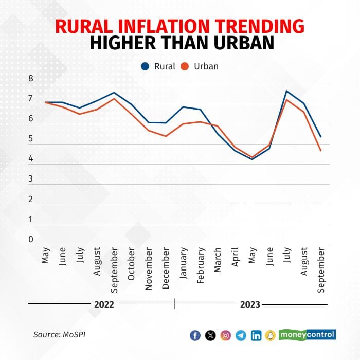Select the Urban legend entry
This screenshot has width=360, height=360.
(201, 66)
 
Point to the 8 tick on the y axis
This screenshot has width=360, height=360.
(31, 79)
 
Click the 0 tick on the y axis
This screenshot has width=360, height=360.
(31, 239)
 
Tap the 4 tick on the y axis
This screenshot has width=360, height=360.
(31, 159)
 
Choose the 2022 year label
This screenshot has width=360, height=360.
(104, 304)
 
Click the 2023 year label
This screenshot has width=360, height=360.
(250, 304)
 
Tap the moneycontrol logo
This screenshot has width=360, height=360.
(307, 335)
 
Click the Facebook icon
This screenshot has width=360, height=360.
(195, 335)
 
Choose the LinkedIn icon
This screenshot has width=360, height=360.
(256, 335)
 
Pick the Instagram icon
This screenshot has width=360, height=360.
(225, 335)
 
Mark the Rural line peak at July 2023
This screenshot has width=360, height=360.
(286, 91)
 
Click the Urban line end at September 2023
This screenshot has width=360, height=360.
(321, 150)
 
